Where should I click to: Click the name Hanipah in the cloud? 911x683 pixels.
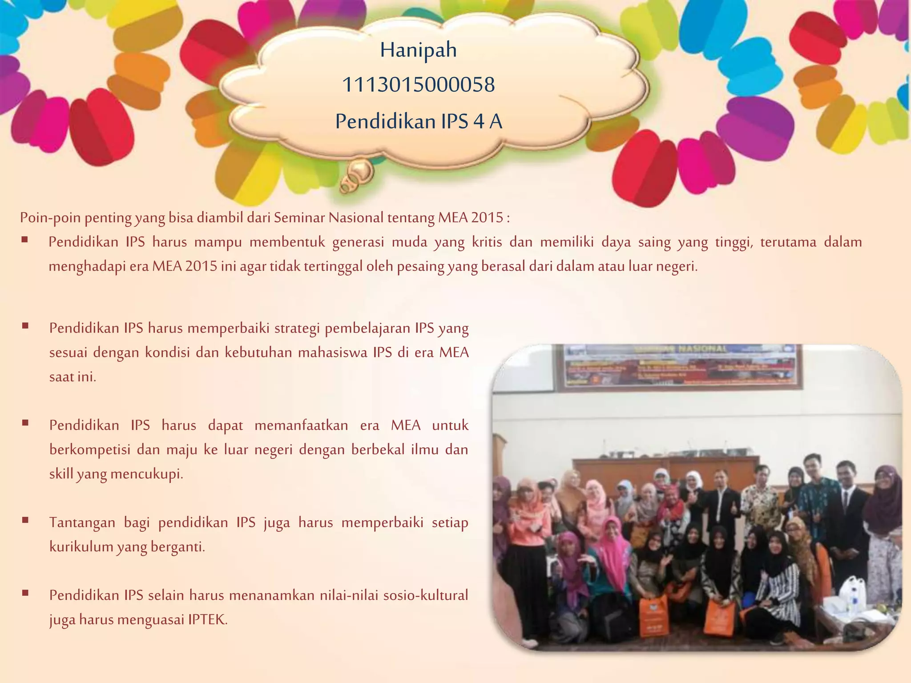[418, 50]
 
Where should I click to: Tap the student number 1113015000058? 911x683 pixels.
[418, 84]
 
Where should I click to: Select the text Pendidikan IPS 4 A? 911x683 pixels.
[419, 121]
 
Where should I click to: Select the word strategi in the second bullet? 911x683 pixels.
[297, 328]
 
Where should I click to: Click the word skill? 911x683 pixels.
[61, 474]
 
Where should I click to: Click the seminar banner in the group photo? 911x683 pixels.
[679, 367]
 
